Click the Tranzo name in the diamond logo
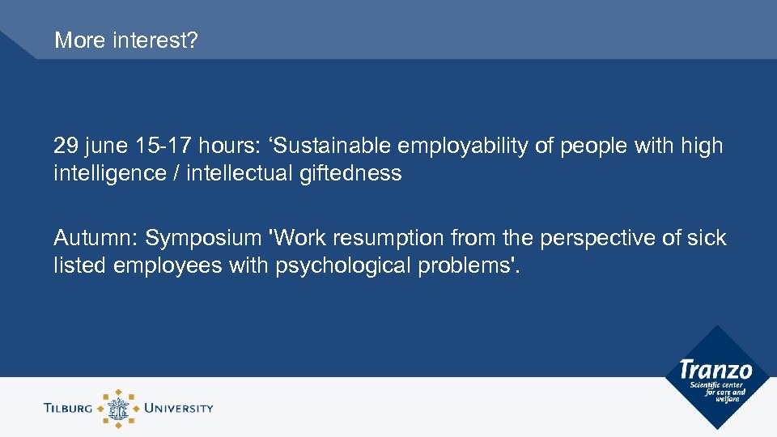click(x=715, y=370)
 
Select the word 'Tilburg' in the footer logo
click(x=70, y=408)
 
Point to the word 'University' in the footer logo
click(x=178, y=408)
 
